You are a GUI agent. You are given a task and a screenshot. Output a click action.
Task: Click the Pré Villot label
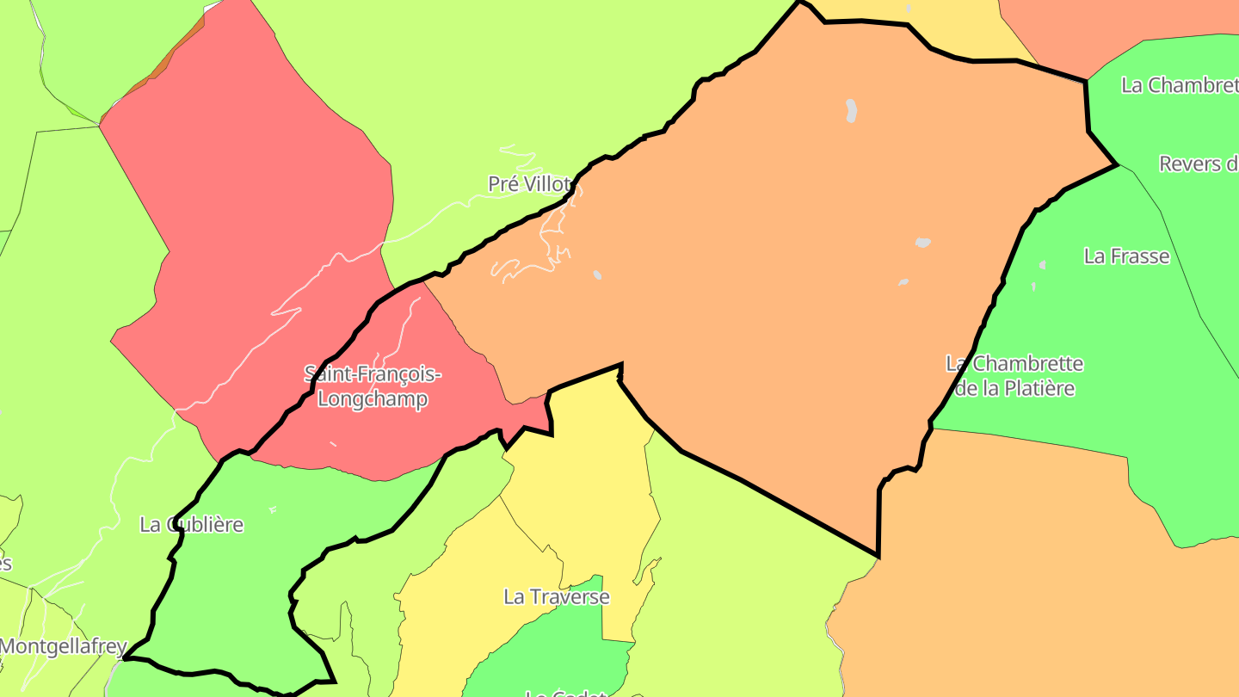pos(529,184)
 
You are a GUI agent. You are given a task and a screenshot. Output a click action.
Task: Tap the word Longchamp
pos(373,400)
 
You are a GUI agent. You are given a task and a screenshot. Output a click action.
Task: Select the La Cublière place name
pos(192,525)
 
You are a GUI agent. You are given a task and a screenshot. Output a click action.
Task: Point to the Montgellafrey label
pos(64,646)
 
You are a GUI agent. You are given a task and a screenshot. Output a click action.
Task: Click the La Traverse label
pos(556,596)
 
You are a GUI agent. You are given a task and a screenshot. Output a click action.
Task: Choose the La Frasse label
pos(1126,256)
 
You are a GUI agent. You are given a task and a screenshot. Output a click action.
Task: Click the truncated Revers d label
pos(1198,163)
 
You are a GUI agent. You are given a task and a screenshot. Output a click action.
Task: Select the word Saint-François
pos(373,374)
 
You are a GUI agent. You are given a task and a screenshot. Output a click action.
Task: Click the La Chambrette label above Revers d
pos(1180,85)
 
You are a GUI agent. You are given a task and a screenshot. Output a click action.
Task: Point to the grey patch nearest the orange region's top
pos(851,110)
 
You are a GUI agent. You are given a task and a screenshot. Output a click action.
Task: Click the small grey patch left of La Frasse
pos(1042,265)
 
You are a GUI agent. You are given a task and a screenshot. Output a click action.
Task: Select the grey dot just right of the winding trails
pos(597,275)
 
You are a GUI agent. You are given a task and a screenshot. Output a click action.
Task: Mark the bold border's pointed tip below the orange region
pos(877,556)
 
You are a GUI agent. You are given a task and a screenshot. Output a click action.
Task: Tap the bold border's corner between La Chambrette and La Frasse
pos(1116,164)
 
